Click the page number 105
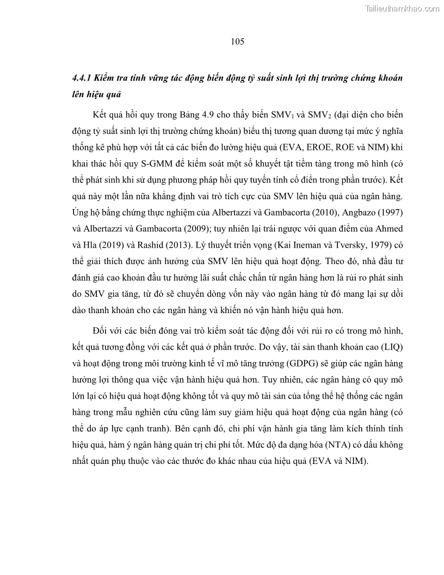[237, 41]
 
